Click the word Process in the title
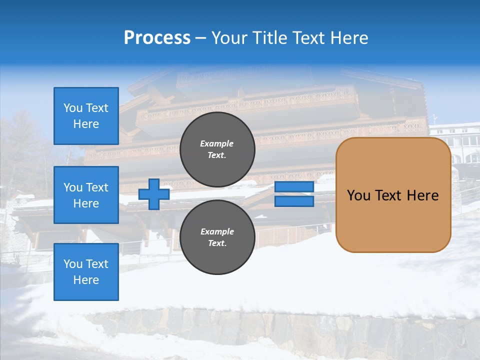pyautogui.click(x=157, y=38)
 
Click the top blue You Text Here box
pyautogui.click(x=86, y=116)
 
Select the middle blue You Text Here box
pyautogui.click(x=86, y=195)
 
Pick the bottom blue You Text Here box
pyautogui.click(x=86, y=272)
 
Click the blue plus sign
pyautogui.click(x=154, y=194)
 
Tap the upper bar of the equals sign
pyautogui.click(x=294, y=187)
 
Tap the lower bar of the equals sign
pyautogui.click(x=294, y=201)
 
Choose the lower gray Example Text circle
pyautogui.click(x=217, y=237)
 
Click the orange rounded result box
pyautogui.click(x=393, y=195)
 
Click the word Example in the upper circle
pyautogui.click(x=217, y=143)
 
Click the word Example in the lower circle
pyautogui.click(x=217, y=231)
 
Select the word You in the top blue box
pyautogui.click(x=73, y=108)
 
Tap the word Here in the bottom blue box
pyautogui.click(x=86, y=280)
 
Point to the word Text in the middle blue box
pyautogui.click(x=97, y=187)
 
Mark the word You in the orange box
pyautogui.click(x=358, y=195)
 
